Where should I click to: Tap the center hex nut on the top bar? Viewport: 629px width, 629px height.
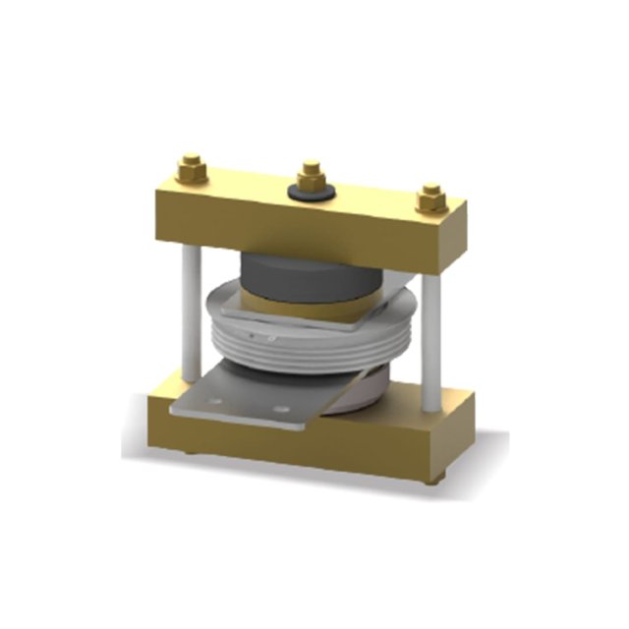tap(313, 177)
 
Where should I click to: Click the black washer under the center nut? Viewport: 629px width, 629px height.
tap(313, 191)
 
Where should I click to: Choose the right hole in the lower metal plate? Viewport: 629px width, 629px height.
tap(281, 408)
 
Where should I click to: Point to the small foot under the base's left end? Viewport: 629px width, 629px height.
tap(189, 452)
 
